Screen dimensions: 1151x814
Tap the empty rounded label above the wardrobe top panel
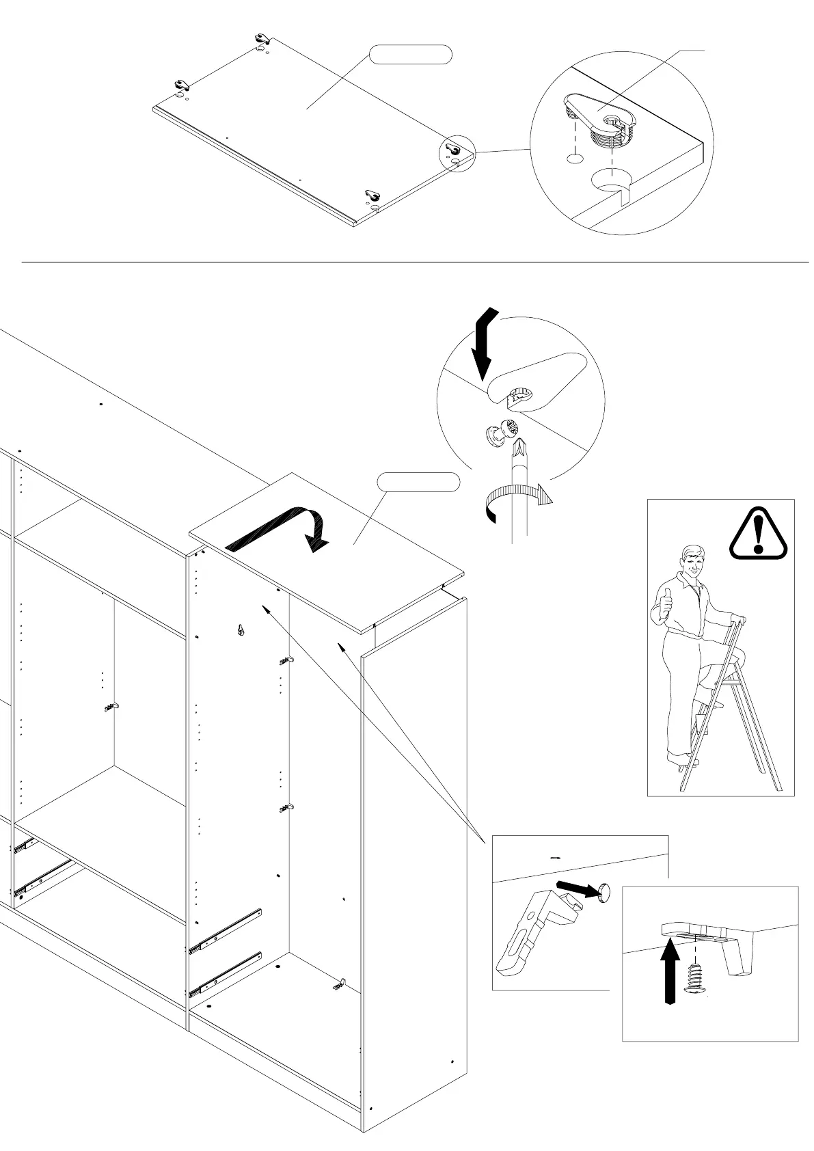418,482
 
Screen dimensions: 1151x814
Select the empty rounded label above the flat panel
411,55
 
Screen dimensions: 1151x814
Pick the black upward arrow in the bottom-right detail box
672,971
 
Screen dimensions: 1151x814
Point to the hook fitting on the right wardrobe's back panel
241,630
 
